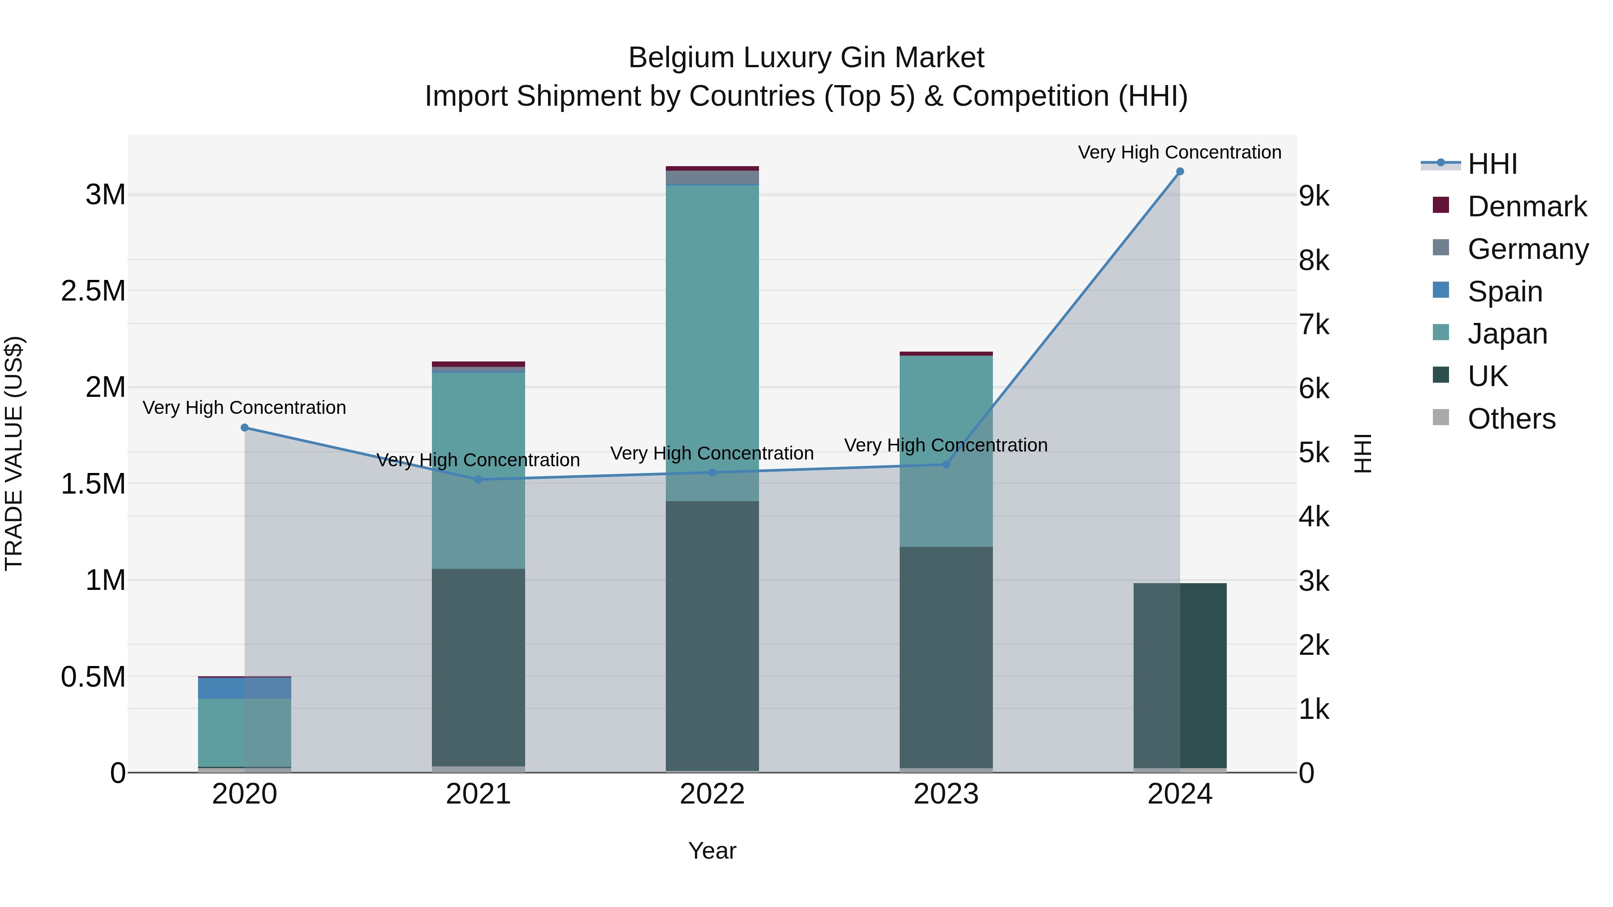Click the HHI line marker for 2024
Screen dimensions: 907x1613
[x=1180, y=172]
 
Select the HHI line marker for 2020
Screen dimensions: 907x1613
[x=245, y=428]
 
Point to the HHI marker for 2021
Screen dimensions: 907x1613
[x=479, y=479]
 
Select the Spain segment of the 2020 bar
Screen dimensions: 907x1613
[x=245, y=688]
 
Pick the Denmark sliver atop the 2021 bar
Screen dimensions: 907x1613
[x=479, y=364]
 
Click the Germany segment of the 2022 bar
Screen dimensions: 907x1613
[x=712, y=178]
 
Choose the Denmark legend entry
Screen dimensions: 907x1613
[x=1526, y=206]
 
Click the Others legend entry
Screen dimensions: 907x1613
[x=1511, y=419]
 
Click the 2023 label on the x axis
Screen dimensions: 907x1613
[x=945, y=794]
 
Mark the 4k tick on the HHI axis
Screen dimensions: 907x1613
[x=1314, y=517]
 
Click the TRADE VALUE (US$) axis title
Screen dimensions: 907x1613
[x=14, y=453]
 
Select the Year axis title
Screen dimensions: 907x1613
[x=712, y=851]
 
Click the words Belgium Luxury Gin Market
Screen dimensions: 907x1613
[x=806, y=58]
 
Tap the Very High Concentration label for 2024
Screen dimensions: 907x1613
[x=1179, y=152]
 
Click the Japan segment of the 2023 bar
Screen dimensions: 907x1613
[x=945, y=451]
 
